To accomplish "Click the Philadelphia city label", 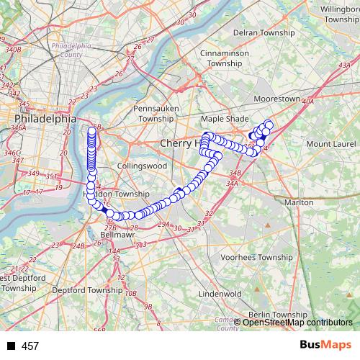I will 45,118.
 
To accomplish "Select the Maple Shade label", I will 223,118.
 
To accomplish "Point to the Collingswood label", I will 142,166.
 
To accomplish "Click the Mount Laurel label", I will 328,144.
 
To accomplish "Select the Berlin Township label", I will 281,315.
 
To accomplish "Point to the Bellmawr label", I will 116,234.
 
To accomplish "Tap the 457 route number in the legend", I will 30,346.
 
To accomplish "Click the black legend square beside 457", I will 12,346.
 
